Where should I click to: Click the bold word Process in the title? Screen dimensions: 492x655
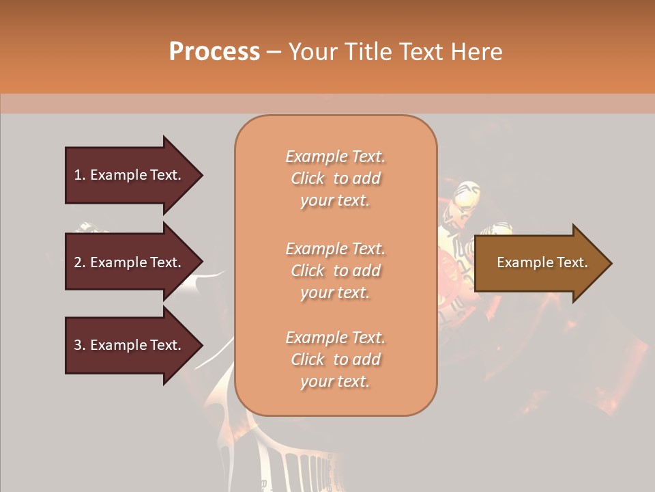(x=214, y=52)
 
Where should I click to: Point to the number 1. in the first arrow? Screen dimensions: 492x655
(x=80, y=175)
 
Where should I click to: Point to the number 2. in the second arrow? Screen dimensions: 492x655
(x=80, y=262)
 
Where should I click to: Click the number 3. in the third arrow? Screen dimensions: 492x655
(x=80, y=345)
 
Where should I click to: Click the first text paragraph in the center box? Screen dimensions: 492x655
(x=335, y=178)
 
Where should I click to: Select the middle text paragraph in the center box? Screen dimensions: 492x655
(x=335, y=271)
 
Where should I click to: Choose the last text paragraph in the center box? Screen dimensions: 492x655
(x=335, y=359)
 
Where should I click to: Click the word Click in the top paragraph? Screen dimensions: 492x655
(x=308, y=178)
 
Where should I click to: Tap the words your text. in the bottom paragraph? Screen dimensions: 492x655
(x=335, y=381)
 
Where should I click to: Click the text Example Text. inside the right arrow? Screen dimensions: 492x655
(x=542, y=262)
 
